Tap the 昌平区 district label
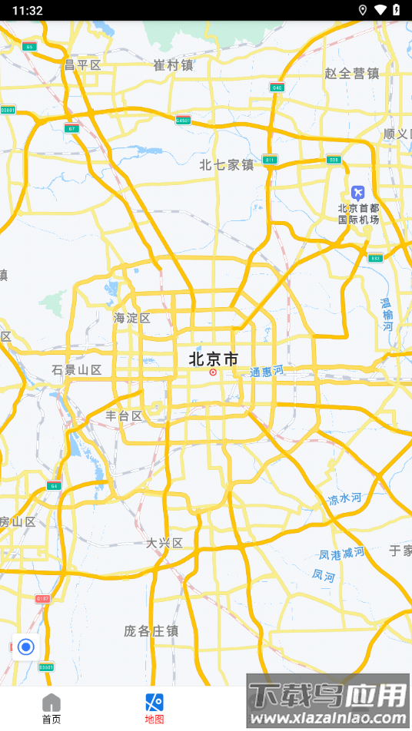pos(82,65)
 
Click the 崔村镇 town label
pos(173,65)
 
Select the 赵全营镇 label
pos(352,74)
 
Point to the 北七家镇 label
pos(226,164)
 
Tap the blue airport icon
pos(357,191)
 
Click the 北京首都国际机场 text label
pos(358,213)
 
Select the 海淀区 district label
pos(132,318)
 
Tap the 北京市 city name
pos(213,359)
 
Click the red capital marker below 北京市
pos(213,372)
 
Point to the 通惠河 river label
pos(267,371)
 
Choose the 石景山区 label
pos(77,370)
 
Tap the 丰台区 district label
pos(125,416)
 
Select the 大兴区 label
pos(164,543)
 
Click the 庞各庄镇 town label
pos(151,630)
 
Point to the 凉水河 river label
pos(344,499)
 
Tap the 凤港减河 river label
pos(342,553)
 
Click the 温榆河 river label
pos(386,315)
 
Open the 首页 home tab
pos(51,709)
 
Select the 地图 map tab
pos(154,709)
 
